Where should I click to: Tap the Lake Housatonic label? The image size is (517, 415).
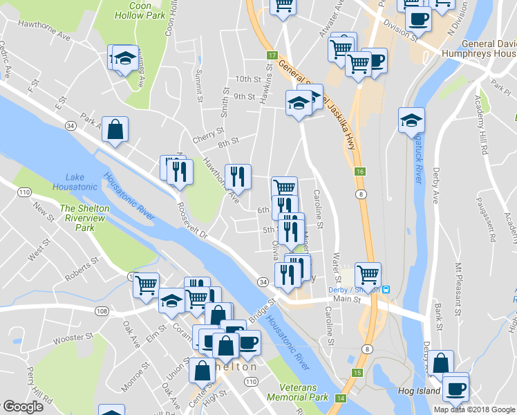[x=76, y=182]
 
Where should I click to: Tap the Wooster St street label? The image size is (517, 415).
[x=72, y=338]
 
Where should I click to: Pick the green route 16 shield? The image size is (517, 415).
[x=361, y=172]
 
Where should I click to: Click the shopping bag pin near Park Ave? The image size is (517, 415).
[x=116, y=129]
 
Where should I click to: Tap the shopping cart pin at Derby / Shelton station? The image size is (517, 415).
[x=368, y=274]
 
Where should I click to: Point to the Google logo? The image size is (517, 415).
[x=23, y=407]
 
